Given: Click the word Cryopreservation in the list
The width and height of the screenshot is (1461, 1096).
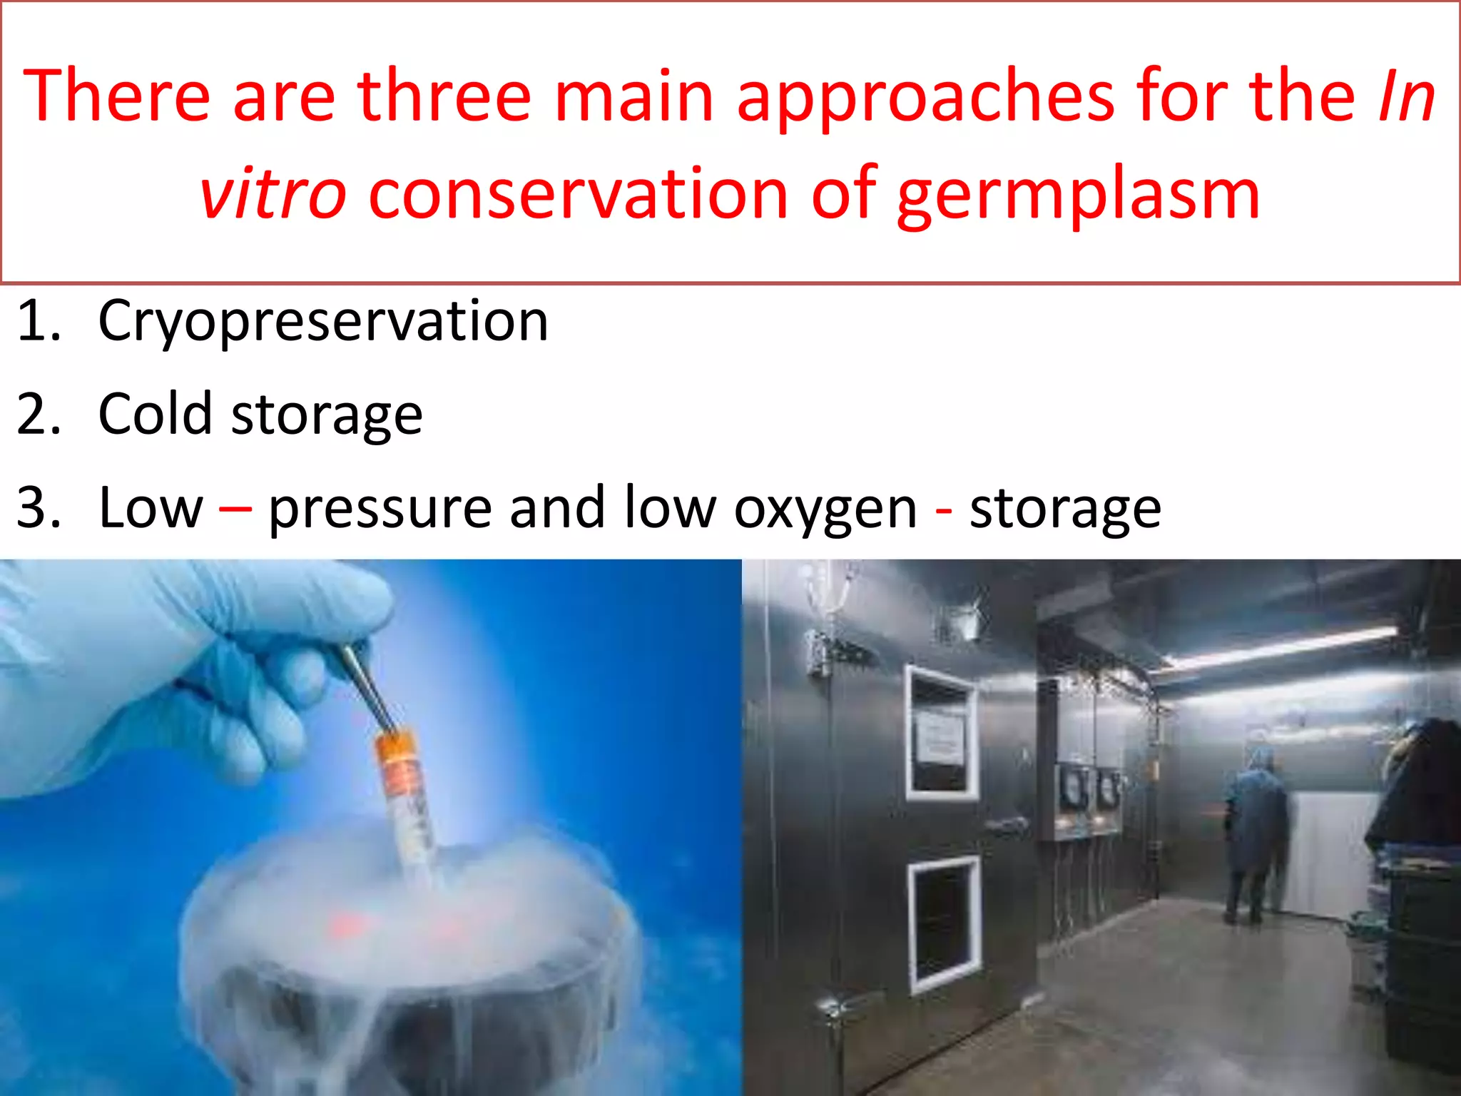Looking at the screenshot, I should [322, 323].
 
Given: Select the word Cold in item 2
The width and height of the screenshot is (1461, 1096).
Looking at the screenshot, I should [155, 414].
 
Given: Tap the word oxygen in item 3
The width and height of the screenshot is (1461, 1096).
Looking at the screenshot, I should [825, 509].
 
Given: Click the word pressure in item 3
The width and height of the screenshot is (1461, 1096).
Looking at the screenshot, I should [380, 509].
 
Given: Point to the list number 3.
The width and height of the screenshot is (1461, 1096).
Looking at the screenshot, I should [37, 508].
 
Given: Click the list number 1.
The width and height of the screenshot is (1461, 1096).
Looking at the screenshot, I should [37, 321].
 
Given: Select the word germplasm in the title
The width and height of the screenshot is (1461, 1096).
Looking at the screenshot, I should [1078, 194].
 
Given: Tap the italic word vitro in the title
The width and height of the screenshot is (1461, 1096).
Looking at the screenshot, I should [273, 194].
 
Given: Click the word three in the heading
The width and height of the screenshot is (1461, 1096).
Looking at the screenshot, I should [444, 96].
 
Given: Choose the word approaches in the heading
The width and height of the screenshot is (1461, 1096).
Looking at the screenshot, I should [925, 96].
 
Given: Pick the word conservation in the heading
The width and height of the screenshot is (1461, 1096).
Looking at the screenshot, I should [578, 194].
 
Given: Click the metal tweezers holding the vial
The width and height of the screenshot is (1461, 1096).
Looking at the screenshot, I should [366, 685].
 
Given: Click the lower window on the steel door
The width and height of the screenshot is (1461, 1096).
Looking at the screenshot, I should [945, 925].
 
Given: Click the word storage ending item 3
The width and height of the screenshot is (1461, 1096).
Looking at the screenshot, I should [1065, 509].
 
